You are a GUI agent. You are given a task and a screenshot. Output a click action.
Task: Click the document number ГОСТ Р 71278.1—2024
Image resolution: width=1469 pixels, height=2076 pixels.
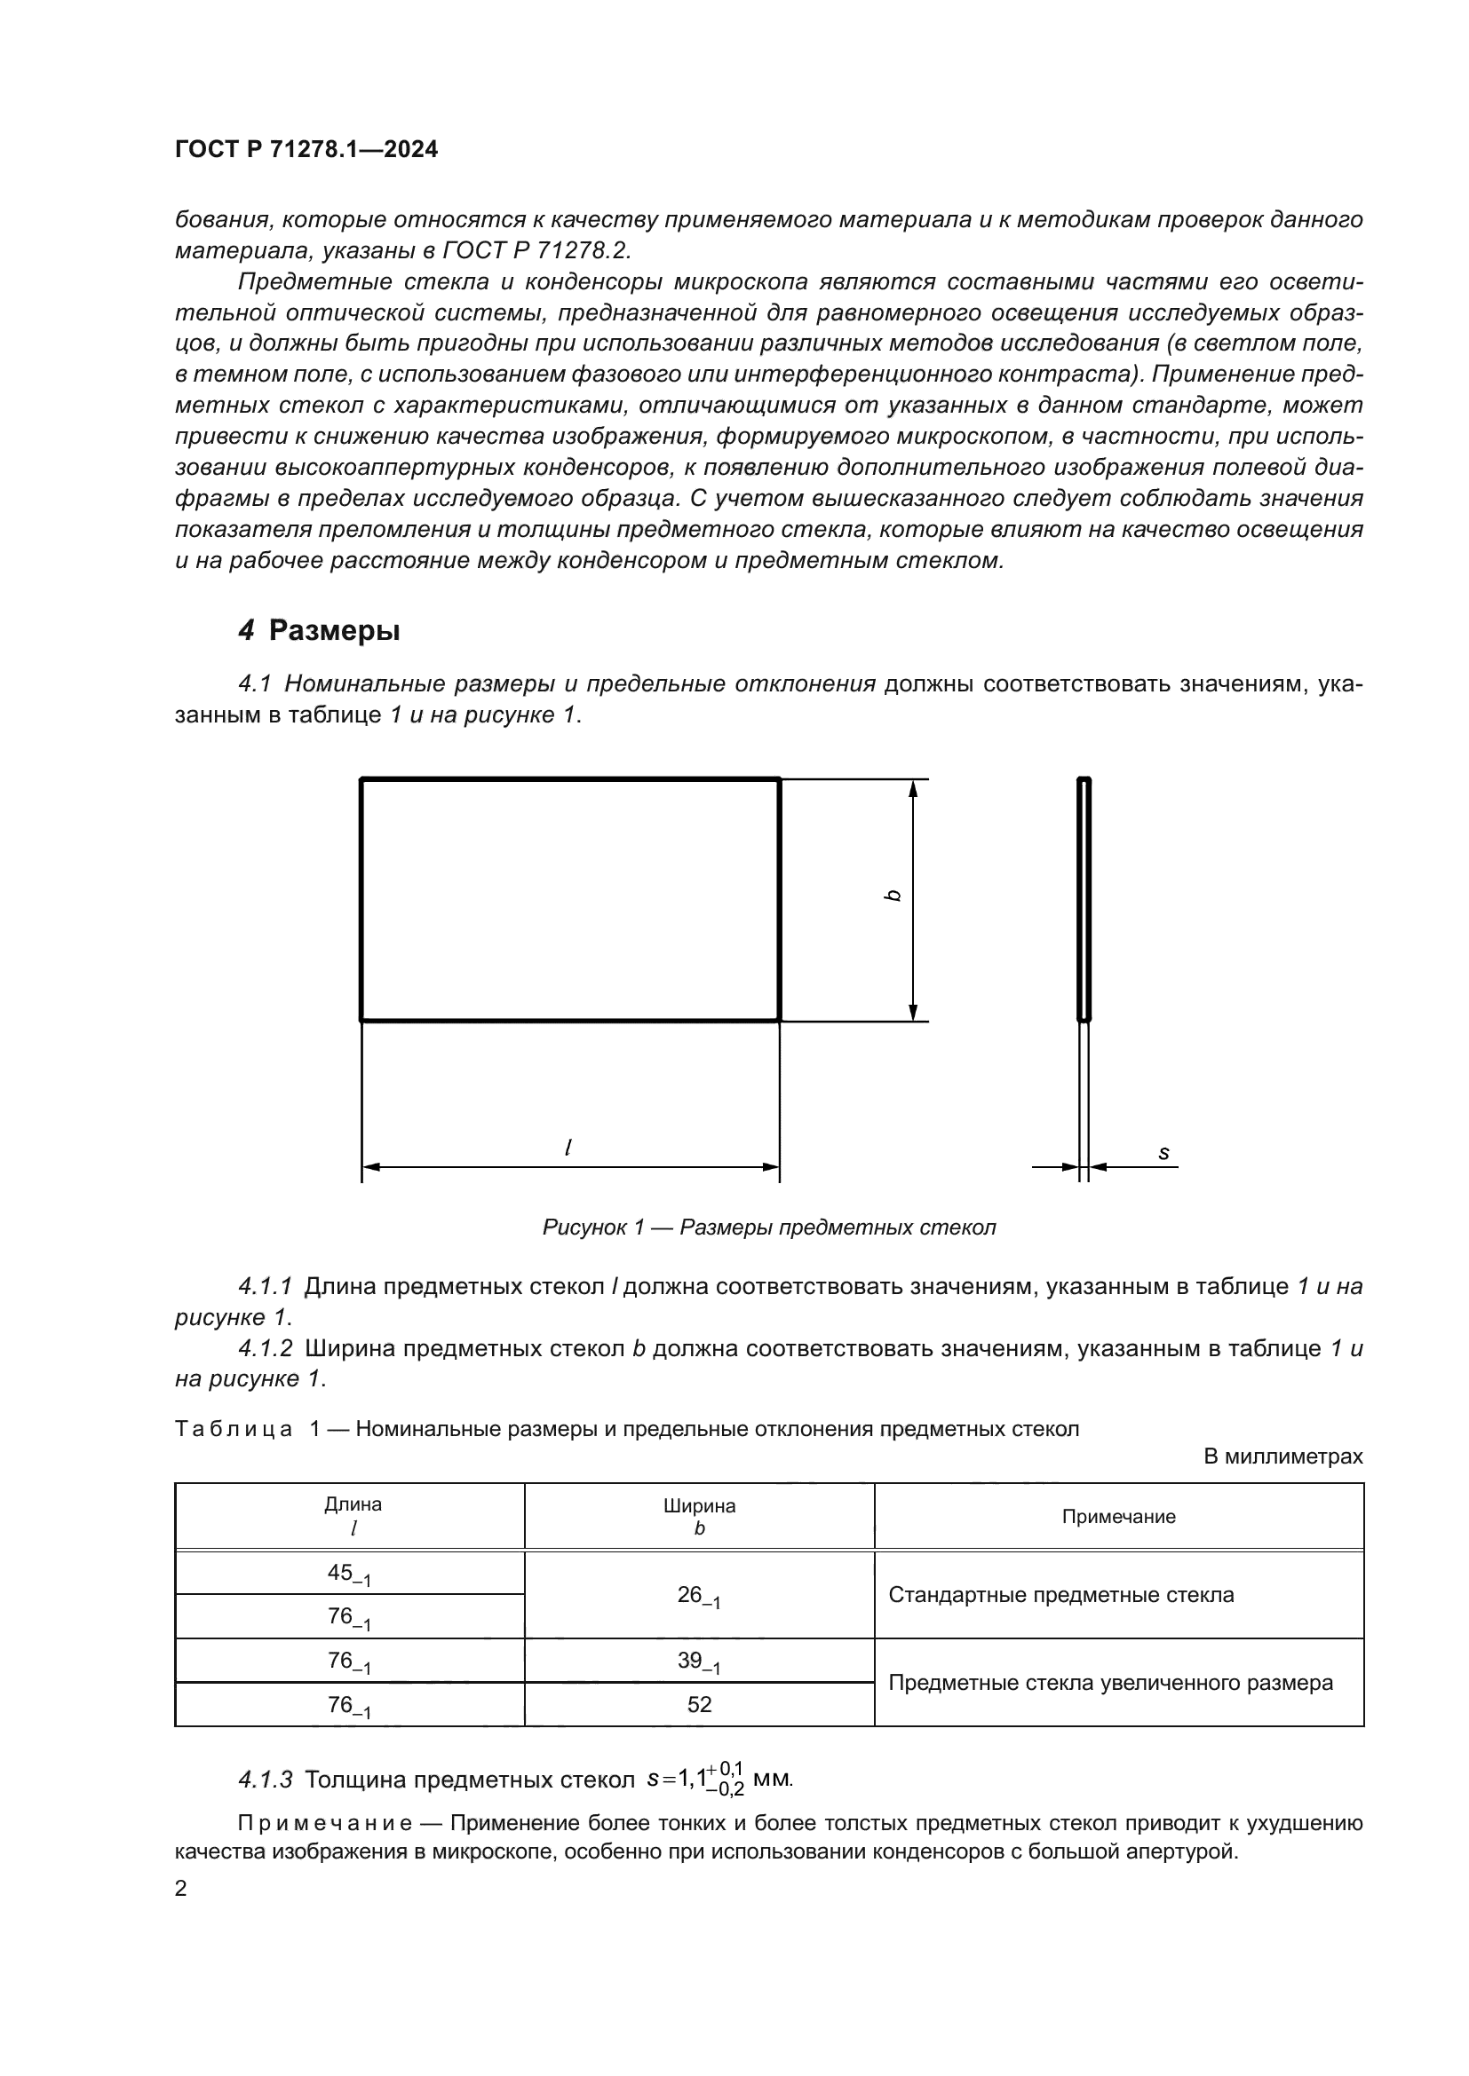click(306, 149)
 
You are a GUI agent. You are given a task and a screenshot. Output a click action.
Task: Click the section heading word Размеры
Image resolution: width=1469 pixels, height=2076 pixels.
click(334, 630)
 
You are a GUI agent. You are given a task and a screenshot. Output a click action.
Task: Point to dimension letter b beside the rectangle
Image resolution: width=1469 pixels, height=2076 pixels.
click(893, 896)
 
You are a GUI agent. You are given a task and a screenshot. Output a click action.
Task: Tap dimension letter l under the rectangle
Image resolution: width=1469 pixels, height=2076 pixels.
click(568, 1148)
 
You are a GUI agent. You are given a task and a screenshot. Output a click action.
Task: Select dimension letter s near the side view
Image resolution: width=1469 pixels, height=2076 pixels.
click(1163, 1153)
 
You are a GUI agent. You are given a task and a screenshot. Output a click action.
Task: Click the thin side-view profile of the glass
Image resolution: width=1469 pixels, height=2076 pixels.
click(1084, 900)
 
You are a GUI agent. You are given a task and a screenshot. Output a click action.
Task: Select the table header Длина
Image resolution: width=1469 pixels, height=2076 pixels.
click(353, 1504)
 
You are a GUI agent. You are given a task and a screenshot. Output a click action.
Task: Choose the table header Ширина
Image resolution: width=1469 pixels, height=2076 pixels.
click(699, 1505)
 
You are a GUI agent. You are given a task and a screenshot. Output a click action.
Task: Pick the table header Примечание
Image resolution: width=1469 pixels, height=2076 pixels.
click(1118, 1516)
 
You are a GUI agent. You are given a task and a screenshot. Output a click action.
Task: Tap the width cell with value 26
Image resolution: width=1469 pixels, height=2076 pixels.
click(698, 1596)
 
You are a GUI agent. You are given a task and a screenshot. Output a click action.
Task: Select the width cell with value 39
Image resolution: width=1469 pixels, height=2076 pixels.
click(698, 1661)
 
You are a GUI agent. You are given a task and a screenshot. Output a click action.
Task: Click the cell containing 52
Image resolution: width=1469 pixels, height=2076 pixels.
click(699, 1704)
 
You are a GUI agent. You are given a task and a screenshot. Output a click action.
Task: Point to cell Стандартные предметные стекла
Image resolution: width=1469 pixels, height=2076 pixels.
click(1060, 1595)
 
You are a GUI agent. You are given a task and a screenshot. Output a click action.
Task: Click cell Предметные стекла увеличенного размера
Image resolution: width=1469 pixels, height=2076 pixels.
click(1110, 1683)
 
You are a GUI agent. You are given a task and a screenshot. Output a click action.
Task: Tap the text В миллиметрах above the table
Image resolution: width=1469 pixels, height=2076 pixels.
click(1282, 1456)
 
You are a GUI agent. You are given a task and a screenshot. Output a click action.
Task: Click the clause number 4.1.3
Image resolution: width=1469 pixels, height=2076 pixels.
click(265, 1780)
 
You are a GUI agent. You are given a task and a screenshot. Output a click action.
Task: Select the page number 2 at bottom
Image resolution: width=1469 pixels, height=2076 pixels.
click(181, 1889)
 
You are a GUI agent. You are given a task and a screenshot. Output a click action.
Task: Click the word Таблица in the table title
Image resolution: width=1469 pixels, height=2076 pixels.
click(234, 1429)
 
